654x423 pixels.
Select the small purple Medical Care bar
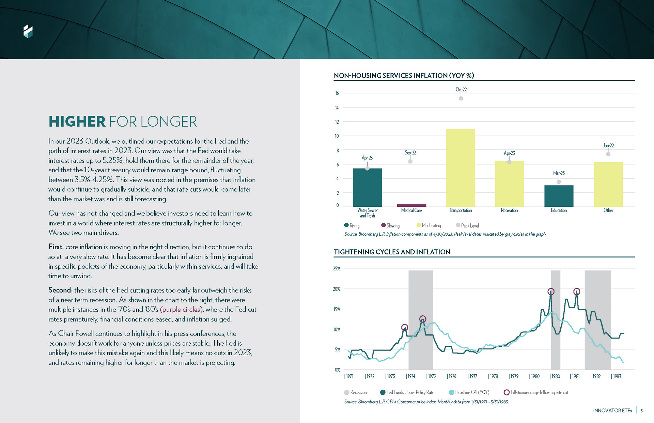coord(411,205)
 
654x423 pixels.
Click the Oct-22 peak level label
coord(461,90)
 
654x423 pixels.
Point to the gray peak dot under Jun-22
coord(608,154)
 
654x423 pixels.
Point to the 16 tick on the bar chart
coord(337,93)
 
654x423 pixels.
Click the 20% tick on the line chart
coord(337,289)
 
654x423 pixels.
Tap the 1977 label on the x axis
coord(472,376)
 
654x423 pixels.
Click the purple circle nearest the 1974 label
coord(405,327)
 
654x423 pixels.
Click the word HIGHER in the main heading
coord(77,122)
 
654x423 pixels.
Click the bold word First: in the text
coord(56,247)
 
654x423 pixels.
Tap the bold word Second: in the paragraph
coord(60,290)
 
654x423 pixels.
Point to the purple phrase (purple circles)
coord(182,310)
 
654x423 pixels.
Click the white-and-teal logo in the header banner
coord(28,31)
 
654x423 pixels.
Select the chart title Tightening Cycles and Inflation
coord(392,252)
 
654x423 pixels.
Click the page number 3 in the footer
coord(641,411)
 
